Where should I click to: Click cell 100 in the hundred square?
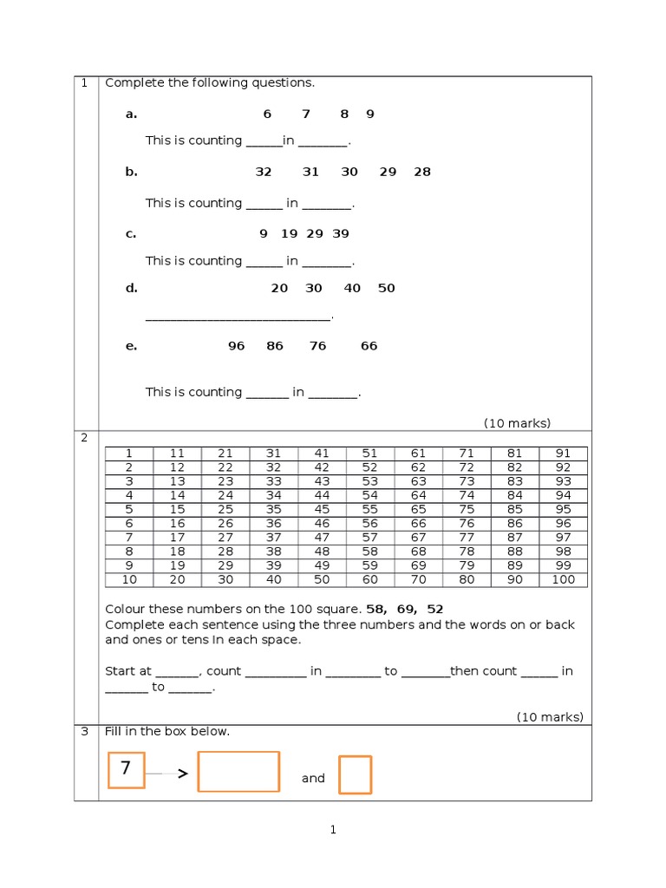(x=563, y=579)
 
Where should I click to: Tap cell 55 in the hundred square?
(x=370, y=509)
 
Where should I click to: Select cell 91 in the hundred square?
(x=563, y=453)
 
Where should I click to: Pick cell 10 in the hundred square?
(x=129, y=579)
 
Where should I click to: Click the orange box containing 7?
(x=126, y=770)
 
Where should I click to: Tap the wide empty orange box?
(x=238, y=772)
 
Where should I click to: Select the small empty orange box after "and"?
(x=355, y=774)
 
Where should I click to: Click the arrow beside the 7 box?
(x=182, y=774)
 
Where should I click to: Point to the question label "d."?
(x=131, y=288)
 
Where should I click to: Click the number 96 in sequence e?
(x=236, y=345)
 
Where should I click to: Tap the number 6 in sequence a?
(x=267, y=114)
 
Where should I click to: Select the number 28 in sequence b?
(x=421, y=172)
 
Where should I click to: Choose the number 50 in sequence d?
(x=386, y=288)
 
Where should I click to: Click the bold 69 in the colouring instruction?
(x=406, y=610)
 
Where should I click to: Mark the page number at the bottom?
(x=332, y=830)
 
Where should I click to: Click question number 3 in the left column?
(x=85, y=731)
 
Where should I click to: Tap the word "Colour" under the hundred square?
(x=125, y=610)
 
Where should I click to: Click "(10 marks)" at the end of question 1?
(x=517, y=423)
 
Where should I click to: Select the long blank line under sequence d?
(x=238, y=319)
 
